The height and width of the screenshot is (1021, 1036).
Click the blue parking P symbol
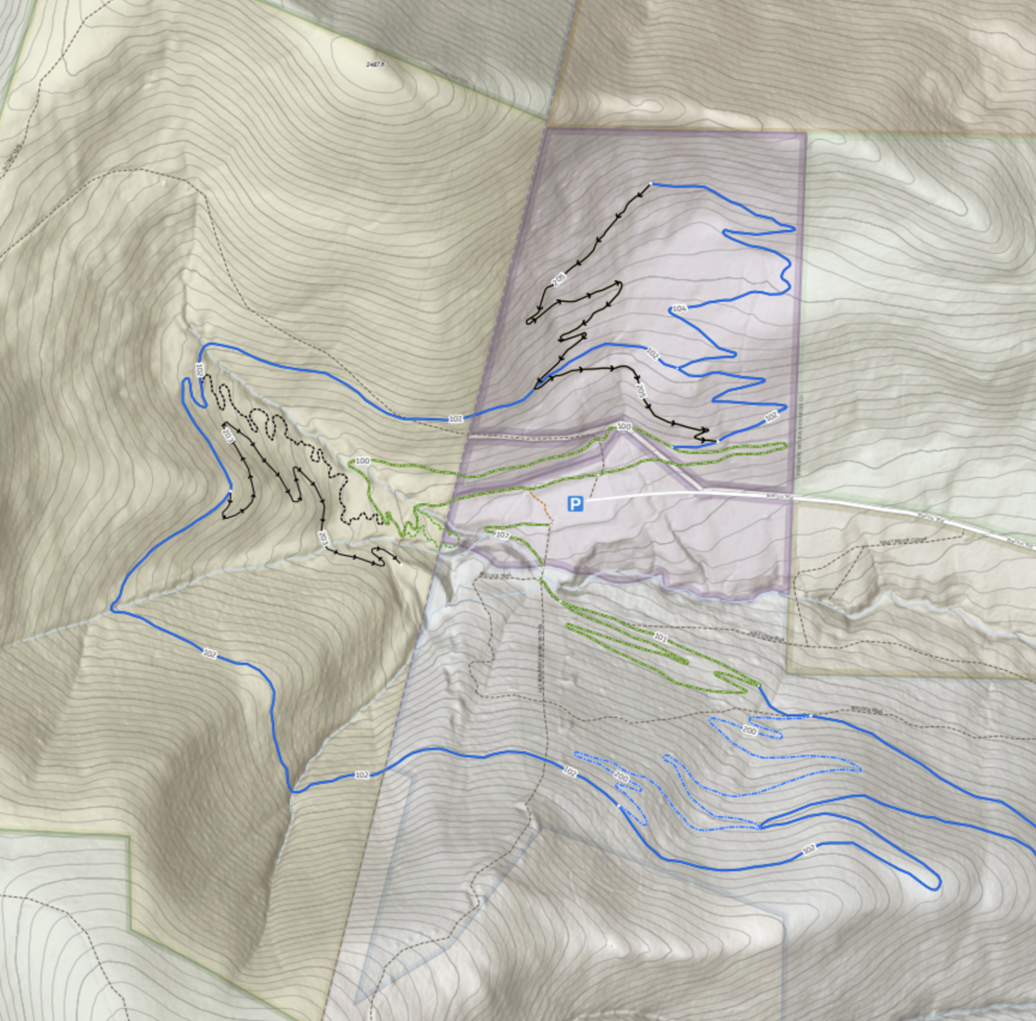click(x=575, y=504)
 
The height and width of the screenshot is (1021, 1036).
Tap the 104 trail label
click(x=679, y=309)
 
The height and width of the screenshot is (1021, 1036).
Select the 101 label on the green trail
click(x=660, y=638)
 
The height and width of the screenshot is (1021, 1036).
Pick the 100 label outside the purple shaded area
click(x=362, y=461)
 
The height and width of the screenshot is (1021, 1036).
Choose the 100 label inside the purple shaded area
click(x=624, y=427)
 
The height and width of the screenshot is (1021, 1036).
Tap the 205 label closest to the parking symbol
click(x=640, y=390)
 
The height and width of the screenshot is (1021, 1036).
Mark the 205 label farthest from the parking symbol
click(x=559, y=279)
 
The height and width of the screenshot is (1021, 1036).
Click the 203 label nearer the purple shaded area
click(x=323, y=537)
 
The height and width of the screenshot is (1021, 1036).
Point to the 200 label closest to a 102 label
click(x=621, y=777)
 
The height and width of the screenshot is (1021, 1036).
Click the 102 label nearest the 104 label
click(x=651, y=353)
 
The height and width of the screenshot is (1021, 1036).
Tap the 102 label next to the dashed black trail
click(x=199, y=369)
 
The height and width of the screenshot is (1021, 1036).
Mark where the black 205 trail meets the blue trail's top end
click(x=651, y=185)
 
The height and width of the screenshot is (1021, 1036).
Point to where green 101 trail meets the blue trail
click(x=758, y=686)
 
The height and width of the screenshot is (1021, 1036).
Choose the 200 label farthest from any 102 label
click(x=749, y=731)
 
